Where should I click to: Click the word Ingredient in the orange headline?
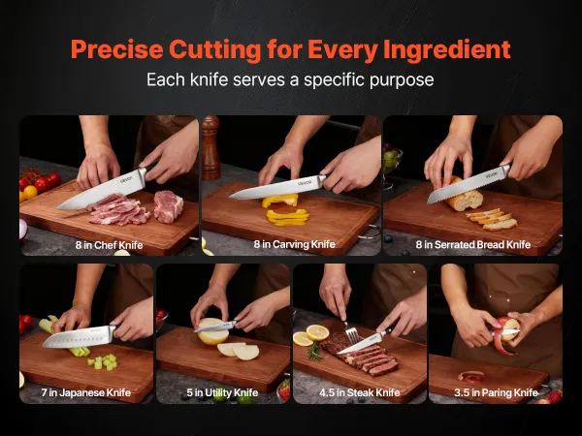(x=446, y=49)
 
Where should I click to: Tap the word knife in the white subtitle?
(x=209, y=79)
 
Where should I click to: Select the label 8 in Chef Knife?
(x=109, y=245)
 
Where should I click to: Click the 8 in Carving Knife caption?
(x=294, y=244)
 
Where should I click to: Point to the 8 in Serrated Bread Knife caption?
(x=473, y=245)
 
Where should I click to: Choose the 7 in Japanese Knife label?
(x=86, y=392)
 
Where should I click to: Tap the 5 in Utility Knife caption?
(x=222, y=392)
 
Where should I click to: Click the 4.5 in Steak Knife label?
(x=359, y=392)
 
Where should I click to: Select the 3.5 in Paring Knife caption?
(x=496, y=392)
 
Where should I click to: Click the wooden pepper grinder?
(x=211, y=147)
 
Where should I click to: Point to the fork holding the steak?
(x=350, y=331)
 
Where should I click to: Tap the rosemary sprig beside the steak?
(x=314, y=351)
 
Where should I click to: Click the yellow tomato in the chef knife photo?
(x=30, y=192)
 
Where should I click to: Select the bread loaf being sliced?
(x=462, y=195)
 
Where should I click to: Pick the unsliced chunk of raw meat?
(x=168, y=206)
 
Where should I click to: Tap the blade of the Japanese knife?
(x=77, y=337)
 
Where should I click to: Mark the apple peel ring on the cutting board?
(x=471, y=377)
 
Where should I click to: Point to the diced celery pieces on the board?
(x=103, y=361)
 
